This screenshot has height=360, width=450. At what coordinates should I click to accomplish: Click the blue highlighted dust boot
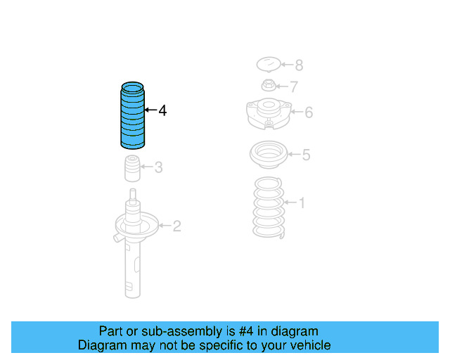(x=132, y=116)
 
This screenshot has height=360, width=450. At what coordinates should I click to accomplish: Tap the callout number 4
(x=162, y=110)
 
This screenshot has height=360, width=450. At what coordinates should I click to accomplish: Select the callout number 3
(x=159, y=167)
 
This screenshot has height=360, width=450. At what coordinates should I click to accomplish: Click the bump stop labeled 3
(x=130, y=169)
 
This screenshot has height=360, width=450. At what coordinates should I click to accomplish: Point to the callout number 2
(x=176, y=226)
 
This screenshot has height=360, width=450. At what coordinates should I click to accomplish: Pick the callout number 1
(x=302, y=203)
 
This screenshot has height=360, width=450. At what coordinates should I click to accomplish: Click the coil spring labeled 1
(x=269, y=209)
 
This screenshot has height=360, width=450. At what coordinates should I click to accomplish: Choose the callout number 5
(x=306, y=155)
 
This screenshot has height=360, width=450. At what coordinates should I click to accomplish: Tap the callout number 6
(x=308, y=112)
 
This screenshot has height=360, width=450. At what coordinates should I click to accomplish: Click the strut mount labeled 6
(x=267, y=114)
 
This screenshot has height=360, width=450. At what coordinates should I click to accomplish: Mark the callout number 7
(x=294, y=87)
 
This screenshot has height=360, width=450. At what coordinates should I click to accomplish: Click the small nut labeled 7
(x=268, y=87)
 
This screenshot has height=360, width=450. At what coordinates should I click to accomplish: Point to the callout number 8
(x=299, y=65)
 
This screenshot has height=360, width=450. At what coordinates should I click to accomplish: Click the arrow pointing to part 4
(x=150, y=110)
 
